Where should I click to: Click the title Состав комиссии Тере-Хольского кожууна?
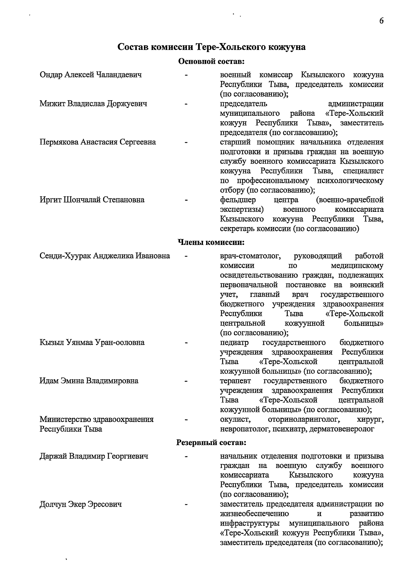click(211, 47)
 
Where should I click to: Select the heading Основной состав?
click(211, 62)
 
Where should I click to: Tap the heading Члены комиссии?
click(211, 243)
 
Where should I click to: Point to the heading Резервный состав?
click(211, 442)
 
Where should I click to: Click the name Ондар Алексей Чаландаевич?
click(91, 75)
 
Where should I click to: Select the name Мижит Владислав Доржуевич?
click(93, 104)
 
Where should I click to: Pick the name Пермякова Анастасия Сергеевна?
click(98, 142)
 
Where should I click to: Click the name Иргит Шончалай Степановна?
click(92, 200)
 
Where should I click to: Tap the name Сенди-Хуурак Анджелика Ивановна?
click(105, 256)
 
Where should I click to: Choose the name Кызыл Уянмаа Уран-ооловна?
click(92, 342)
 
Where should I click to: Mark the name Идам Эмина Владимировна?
click(89, 381)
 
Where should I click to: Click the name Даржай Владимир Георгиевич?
click(94, 456)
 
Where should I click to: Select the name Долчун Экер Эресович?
click(81, 504)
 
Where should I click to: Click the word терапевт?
click(235, 381)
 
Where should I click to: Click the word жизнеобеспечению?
click(254, 514)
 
